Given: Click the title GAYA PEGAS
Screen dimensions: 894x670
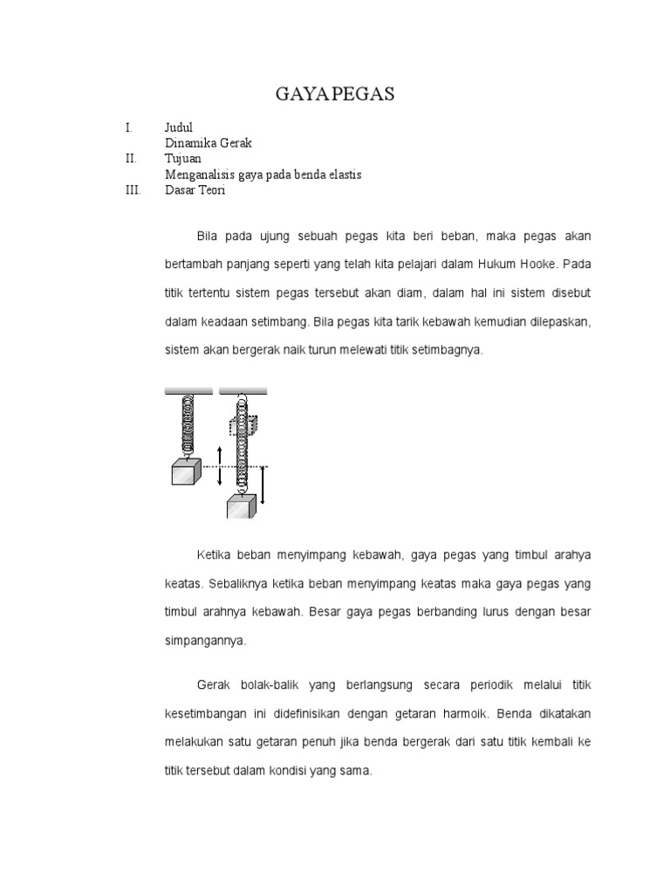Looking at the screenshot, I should pos(335,95).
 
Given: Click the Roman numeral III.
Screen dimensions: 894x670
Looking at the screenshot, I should pos(133,190).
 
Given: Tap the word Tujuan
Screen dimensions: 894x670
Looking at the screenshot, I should pos(182,159).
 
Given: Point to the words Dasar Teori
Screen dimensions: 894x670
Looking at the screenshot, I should pos(195,190).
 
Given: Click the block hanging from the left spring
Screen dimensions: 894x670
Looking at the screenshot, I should pos(187,471).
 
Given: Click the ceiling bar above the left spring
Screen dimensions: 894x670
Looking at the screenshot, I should pos(188,392).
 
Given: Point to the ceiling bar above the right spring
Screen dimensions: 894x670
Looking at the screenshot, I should pos(243,392).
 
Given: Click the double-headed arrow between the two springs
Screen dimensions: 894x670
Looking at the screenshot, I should pos(220,466).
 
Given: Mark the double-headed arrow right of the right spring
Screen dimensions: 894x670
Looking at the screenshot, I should pos(263,485).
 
